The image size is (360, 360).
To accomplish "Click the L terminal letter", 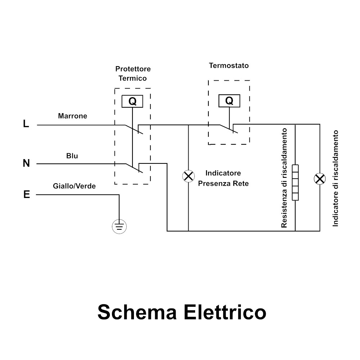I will (x=26, y=124).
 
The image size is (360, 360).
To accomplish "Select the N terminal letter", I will (x=26, y=163).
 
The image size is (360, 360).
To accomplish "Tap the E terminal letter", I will (x=26, y=195).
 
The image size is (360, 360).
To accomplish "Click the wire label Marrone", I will (x=72, y=116).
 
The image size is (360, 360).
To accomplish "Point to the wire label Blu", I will (x=72, y=156).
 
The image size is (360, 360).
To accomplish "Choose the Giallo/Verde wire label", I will (x=74, y=186).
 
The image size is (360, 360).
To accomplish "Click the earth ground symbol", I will (x=119, y=226).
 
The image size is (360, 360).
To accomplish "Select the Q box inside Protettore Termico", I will (x=132, y=102).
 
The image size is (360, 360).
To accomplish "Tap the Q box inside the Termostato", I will (x=229, y=101).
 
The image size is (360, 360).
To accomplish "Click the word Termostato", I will (x=229, y=66).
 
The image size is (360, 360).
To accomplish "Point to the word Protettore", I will (x=133, y=69).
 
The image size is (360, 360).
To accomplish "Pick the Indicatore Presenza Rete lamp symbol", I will (x=188, y=176).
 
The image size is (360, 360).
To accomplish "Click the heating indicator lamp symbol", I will (x=319, y=179).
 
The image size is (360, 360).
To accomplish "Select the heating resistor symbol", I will (x=295, y=182).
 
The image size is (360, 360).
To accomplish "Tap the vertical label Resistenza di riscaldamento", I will (x=284, y=178).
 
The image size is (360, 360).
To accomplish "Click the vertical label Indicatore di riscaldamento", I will (x=336, y=178).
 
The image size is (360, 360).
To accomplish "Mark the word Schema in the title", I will (x=137, y=312).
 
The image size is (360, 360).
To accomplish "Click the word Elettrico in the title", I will (x=225, y=312).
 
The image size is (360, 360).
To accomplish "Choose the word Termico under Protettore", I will (x=133, y=78).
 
